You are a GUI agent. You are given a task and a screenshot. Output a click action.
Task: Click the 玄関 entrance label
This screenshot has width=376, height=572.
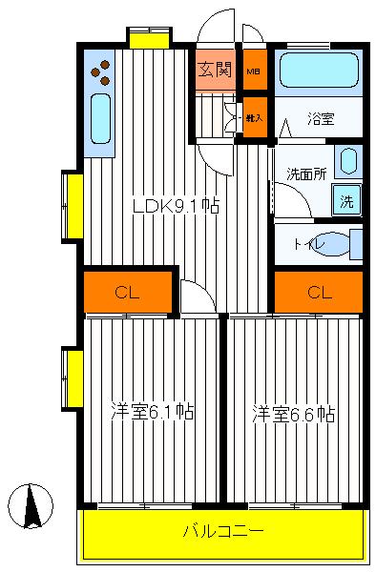215,70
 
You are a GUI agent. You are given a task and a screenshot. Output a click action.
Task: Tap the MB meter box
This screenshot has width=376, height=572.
254,71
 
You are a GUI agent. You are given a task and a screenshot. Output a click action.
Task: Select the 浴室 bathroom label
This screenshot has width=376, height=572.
320,119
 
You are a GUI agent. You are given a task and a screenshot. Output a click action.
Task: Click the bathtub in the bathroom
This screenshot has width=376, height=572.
318,71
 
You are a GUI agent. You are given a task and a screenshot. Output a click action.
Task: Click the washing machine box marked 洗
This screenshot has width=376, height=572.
347,201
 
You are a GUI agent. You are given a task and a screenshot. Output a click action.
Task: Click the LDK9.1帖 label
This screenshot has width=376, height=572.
177,205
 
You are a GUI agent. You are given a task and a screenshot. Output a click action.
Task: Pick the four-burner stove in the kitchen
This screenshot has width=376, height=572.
100,71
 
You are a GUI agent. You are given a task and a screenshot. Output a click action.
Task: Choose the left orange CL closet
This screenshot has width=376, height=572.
128,292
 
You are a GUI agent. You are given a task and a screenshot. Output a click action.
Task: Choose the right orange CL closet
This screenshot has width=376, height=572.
319,292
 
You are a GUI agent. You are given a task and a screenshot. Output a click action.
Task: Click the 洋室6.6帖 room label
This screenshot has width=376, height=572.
294,414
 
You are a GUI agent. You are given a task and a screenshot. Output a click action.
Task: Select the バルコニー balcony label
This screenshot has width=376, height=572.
223,530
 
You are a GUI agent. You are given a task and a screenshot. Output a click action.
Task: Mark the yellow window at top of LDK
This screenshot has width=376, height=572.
149,38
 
